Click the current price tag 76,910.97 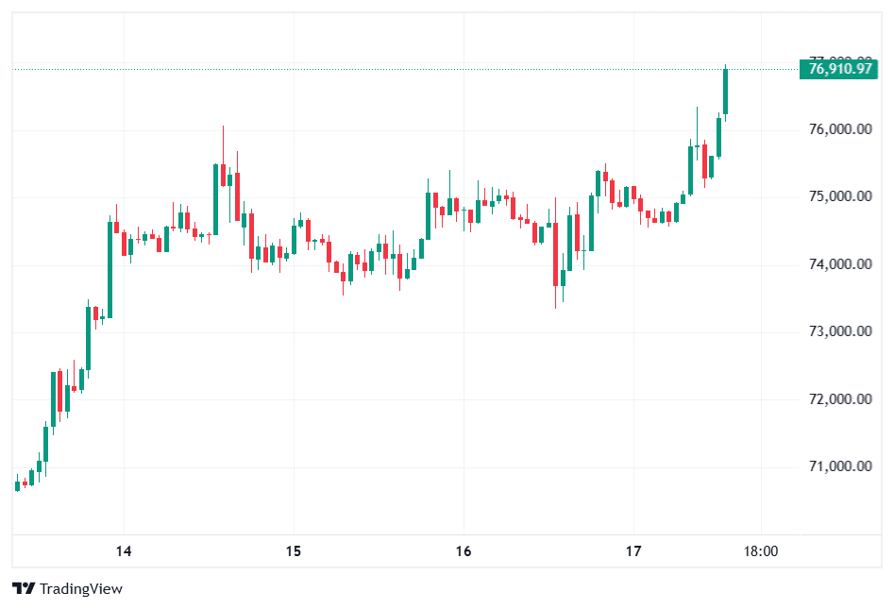tap(840, 68)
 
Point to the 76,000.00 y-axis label tap(840, 129)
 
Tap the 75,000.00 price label tap(840, 197)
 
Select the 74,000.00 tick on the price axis tap(840, 264)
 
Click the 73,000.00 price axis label tap(840, 331)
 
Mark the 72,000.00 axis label tap(840, 399)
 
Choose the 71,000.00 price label tap(840, 466)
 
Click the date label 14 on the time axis tap(123, 551)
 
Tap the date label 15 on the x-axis tap(293, 551)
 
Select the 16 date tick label tap(463, 551)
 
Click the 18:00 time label tap(761, 551)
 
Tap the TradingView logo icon tap(25, 589)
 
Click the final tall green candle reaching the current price tap(725, 92)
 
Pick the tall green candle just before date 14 tap(110, 269)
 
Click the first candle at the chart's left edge tap(17, 485)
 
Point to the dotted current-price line tap(378, 68)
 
